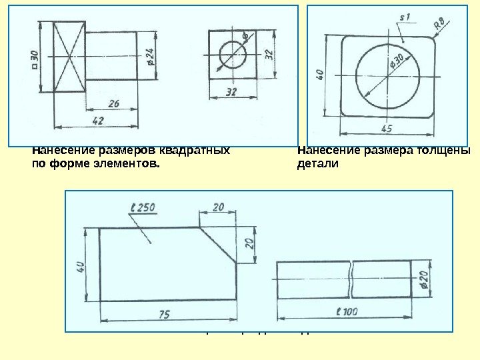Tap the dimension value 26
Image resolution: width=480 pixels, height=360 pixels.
point(113,103)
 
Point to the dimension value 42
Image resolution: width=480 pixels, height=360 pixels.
point(97,121)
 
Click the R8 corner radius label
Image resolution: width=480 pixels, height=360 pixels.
point(440,25)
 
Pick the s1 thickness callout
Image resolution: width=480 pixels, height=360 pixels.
point(404,17)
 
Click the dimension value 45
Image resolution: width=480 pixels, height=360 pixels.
point(386,128)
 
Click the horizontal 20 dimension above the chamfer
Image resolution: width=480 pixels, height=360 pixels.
point(218,207)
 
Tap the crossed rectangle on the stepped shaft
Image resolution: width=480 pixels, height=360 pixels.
point(69,56)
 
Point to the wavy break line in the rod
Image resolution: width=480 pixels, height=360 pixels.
point(351,279)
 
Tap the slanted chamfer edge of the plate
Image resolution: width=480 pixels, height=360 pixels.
point(219,244)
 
